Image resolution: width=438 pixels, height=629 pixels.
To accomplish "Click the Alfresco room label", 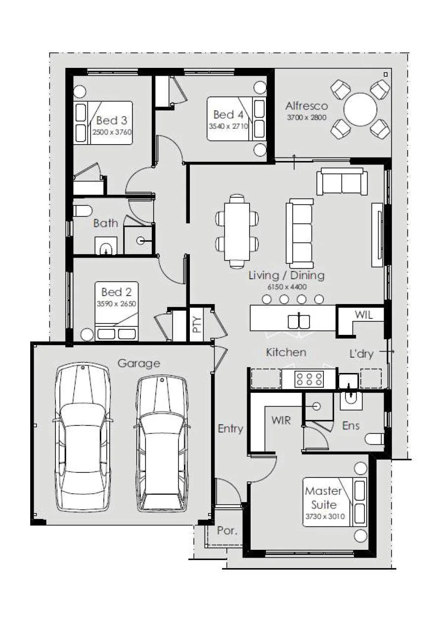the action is point(307,106).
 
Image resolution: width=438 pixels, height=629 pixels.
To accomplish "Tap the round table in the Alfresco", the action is point(360,109).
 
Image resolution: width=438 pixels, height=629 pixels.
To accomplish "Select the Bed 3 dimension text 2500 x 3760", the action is point(112,132).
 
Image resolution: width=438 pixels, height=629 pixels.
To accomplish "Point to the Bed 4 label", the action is point(228,114).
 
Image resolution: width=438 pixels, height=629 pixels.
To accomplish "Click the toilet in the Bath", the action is point(83,211).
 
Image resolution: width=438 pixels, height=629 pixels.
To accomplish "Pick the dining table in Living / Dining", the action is point(237,231).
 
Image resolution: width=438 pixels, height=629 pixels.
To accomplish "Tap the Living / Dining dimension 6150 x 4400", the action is point(287,287).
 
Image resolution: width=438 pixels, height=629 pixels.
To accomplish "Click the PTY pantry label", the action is point(197,324).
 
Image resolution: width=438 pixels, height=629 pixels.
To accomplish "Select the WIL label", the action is point(364,315).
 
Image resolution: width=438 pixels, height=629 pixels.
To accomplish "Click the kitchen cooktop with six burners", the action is point(309,379).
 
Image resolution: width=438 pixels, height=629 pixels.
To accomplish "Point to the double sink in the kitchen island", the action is point(299,321).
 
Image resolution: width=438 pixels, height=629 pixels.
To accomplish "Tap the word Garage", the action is point(139,364).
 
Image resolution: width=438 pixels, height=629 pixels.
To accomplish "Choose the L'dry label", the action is point(361,354).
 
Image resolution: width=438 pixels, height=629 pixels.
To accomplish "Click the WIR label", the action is point(281,420).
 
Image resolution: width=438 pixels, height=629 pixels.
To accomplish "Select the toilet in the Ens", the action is point(375,439).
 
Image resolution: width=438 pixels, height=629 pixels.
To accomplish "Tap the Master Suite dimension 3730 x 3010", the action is point(325,517).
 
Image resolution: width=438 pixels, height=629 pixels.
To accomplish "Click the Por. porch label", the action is point(227,530).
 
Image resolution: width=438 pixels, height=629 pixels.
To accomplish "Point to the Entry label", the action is point(230,429).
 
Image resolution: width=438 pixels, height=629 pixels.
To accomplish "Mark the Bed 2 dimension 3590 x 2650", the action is point(116,304).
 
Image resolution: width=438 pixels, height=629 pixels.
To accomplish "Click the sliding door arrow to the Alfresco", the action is point(294,162).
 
